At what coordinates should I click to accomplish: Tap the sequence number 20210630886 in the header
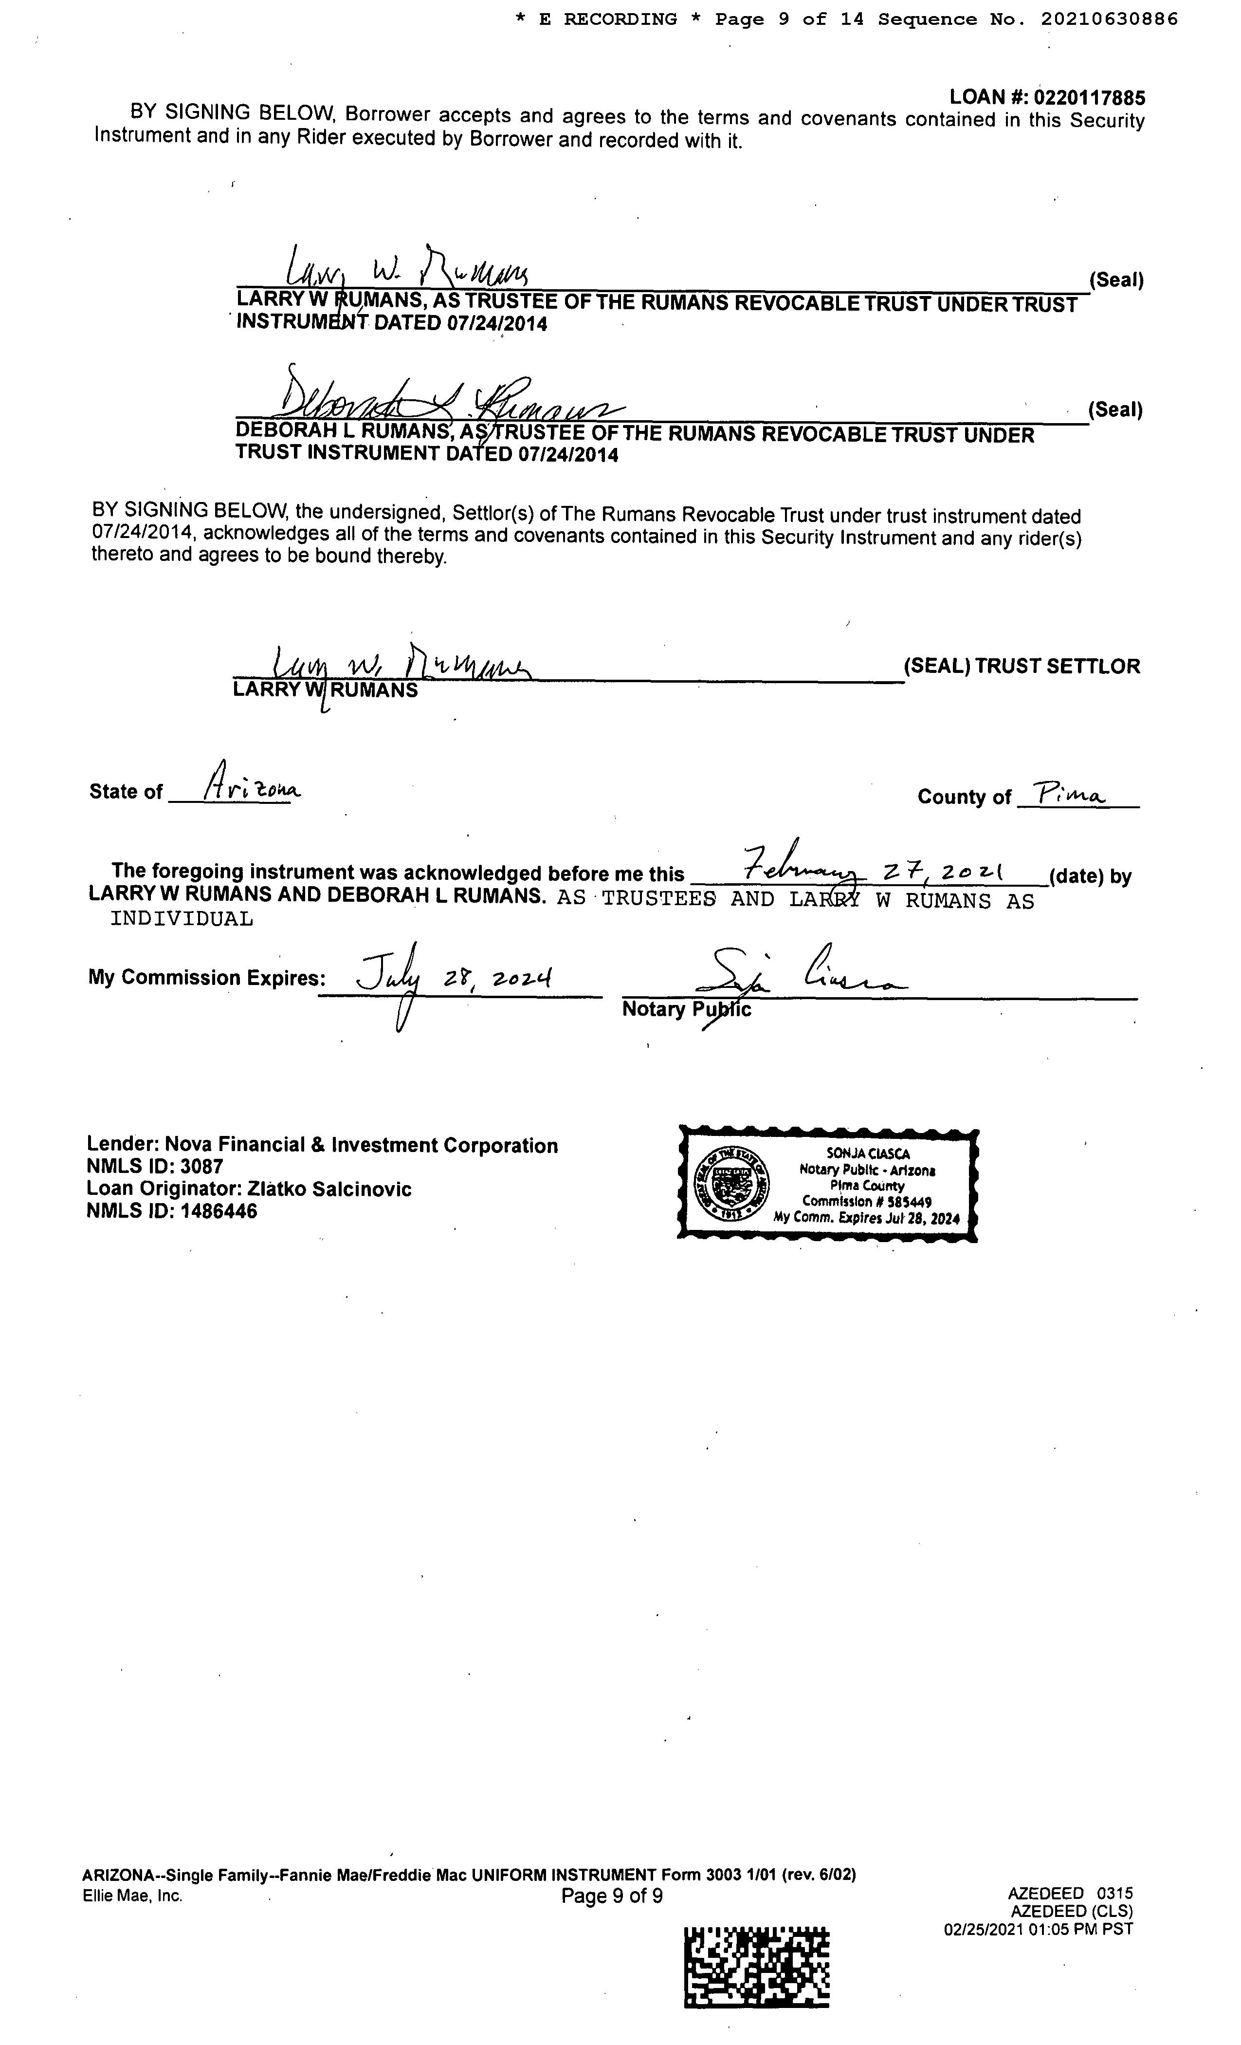[x=1109, y=19]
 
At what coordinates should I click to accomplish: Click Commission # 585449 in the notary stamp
[x=866, y=1201]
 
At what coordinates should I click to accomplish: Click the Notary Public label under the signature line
[x=686, y=1009]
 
